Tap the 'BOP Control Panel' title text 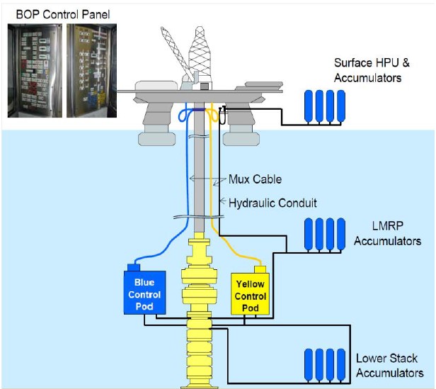tap(57, 14)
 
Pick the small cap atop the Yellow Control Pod tap(258, 269)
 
